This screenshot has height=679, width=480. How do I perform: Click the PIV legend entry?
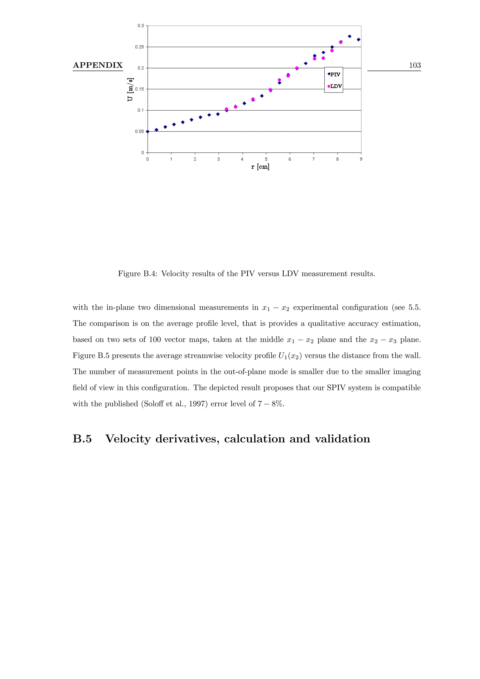(x=334, y=75)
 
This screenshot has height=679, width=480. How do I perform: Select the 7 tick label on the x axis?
(x=314, y=159)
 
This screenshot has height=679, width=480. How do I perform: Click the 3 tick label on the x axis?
(x=219, y=159)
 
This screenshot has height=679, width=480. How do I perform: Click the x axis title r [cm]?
(x=260, y=167)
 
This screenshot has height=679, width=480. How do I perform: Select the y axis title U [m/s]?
(x=130, y=90)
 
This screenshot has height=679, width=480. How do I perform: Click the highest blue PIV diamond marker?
(x=350, y=36)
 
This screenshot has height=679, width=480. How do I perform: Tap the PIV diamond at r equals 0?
(x=148, y=132)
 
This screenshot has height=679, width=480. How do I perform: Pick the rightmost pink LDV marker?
(x=341, y=42)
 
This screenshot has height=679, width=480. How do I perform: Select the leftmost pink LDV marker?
(x=227, y=109)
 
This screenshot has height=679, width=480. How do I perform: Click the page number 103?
(x=415, y=65)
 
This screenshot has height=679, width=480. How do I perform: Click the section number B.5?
(x=82, y=439)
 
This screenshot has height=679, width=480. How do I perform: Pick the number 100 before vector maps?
(x=155, y=340)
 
